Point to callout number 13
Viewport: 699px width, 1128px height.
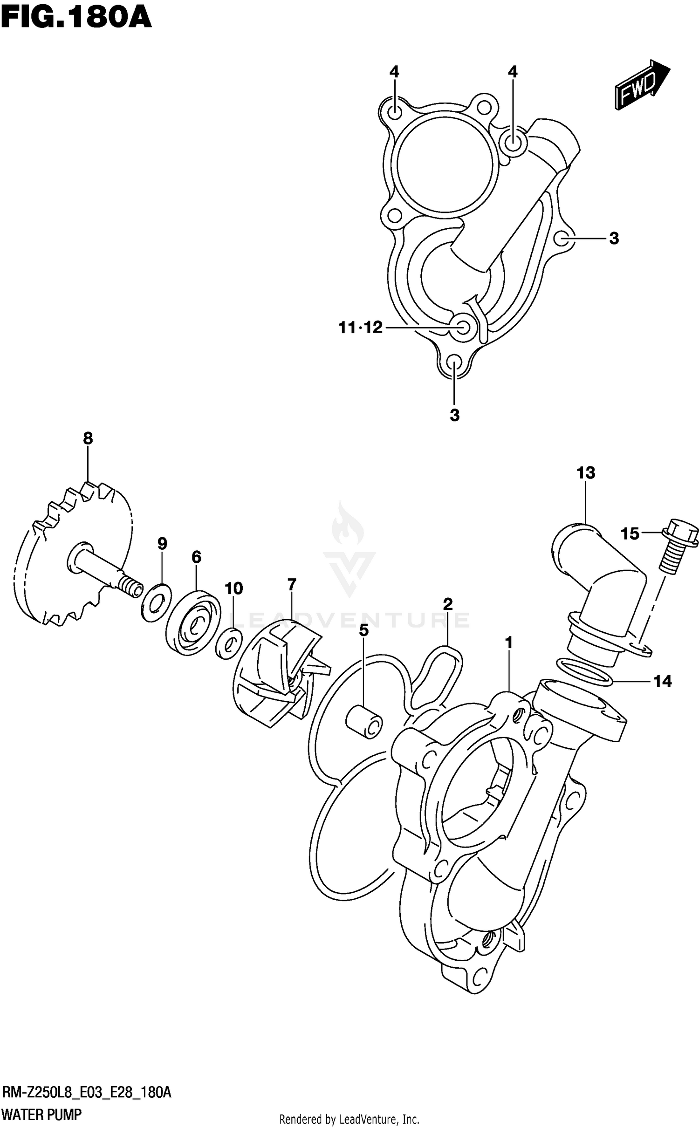coord(586,473)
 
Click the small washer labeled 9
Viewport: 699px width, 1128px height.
coord(156,602)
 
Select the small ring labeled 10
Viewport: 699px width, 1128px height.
coord(229,643)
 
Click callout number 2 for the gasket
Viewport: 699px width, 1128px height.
coord(447,604)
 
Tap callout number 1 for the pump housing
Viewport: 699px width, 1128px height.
coord(509,643)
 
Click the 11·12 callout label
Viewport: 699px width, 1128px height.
coord(360,328)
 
